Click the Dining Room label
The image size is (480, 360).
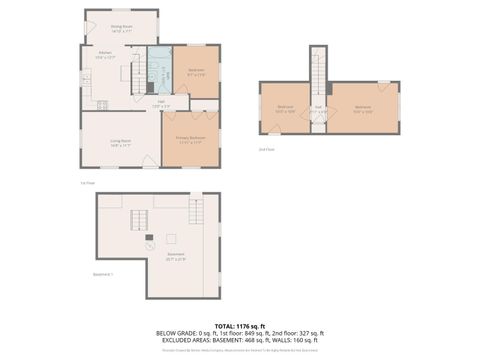click(122, 30)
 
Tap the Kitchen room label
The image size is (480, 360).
click(104, 56)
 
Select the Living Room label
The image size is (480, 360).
click(120, 143)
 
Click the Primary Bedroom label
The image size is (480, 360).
click(190, 141)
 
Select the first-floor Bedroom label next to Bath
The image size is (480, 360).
click(196, 72)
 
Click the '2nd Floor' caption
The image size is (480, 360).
click(265, 148)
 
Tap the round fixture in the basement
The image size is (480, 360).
click(150, 244)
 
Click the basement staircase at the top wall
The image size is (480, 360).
click(196, 211)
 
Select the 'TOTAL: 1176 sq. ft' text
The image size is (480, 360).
click(240, 325)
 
